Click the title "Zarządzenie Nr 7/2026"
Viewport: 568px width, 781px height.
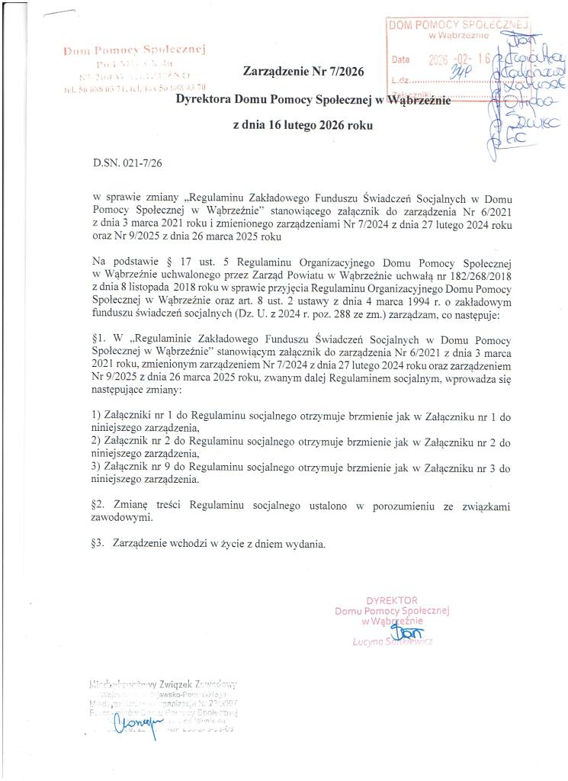tap(303, 72)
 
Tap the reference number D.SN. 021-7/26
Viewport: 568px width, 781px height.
tap(127, 162)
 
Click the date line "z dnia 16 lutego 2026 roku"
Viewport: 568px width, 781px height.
tap(303, 125)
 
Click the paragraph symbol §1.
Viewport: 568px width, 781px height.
tap(98, 339)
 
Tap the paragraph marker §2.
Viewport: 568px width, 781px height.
tap(98, 506)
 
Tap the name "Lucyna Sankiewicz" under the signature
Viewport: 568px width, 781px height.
tap(393, 642)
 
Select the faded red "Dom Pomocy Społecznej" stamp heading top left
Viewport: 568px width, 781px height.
tap(137, 50)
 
